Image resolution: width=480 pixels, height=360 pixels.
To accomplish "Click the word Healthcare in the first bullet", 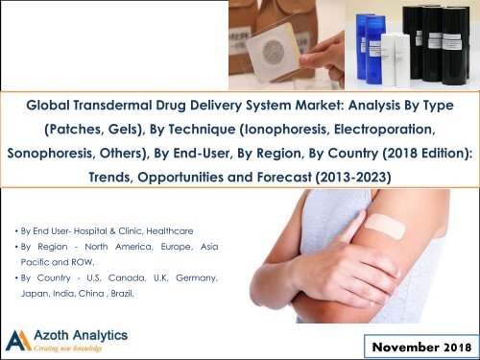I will [x=189, y=230].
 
